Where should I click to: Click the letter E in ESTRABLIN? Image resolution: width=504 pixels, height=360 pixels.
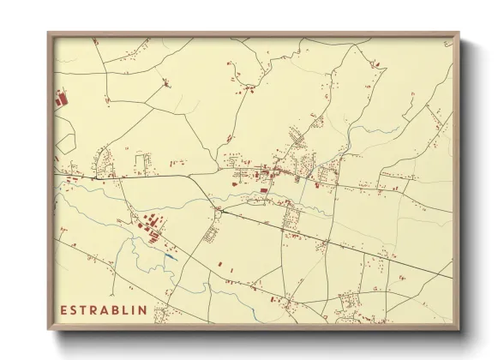[63, 309]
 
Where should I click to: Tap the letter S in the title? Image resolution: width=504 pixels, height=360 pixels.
[75, 309]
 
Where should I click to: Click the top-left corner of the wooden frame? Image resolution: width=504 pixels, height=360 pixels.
[49, 33]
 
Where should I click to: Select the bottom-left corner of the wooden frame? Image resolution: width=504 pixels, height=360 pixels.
[49, 330]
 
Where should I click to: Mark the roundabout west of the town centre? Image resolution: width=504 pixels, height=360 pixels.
[219, 208]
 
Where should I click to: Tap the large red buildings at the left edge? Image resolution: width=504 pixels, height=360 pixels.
[62, 99]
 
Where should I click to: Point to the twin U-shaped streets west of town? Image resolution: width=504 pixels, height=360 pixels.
[142, 160]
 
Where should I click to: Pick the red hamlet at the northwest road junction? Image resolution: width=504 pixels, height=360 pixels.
[165, 83]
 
